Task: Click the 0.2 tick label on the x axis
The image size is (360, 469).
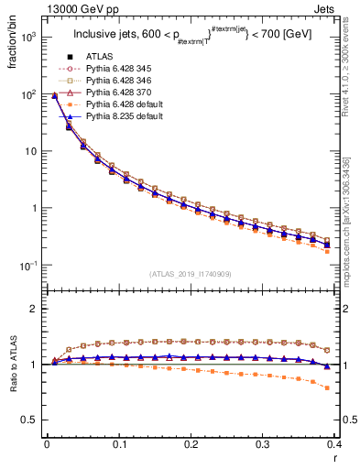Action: click(191, 445)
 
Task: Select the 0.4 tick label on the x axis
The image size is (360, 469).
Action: click(334, 445)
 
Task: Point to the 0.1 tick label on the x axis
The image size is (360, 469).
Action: click(118, 445)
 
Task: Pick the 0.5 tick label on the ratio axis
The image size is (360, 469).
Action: click(28, 420)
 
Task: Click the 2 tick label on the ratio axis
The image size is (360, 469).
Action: click(34, 309)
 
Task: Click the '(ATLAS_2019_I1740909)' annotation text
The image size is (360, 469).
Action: click(191, 274)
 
